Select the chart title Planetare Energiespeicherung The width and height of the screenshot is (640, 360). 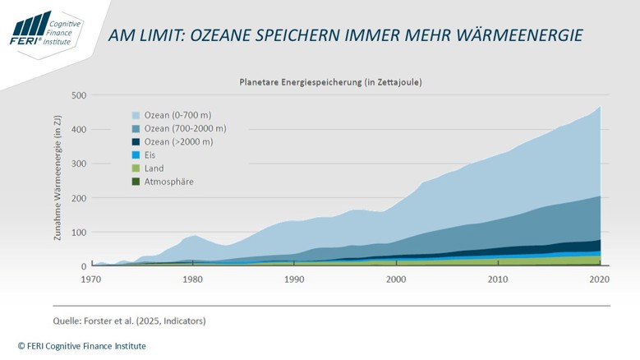[x=330, y=82]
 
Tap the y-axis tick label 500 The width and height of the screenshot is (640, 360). [x=78, y=95]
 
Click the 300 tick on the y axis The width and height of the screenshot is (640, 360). [x=78, y=164]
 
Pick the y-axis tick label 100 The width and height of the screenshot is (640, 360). [x=78, y=233]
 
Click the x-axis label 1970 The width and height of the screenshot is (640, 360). [x=91, y=279]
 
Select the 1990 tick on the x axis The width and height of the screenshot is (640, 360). [x=295, y=279]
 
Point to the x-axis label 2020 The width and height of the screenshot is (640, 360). [x=600, y=279]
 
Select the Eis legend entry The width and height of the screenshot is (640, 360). [x=150, y=155]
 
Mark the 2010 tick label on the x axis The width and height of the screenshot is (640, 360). [x=498, y=279]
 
